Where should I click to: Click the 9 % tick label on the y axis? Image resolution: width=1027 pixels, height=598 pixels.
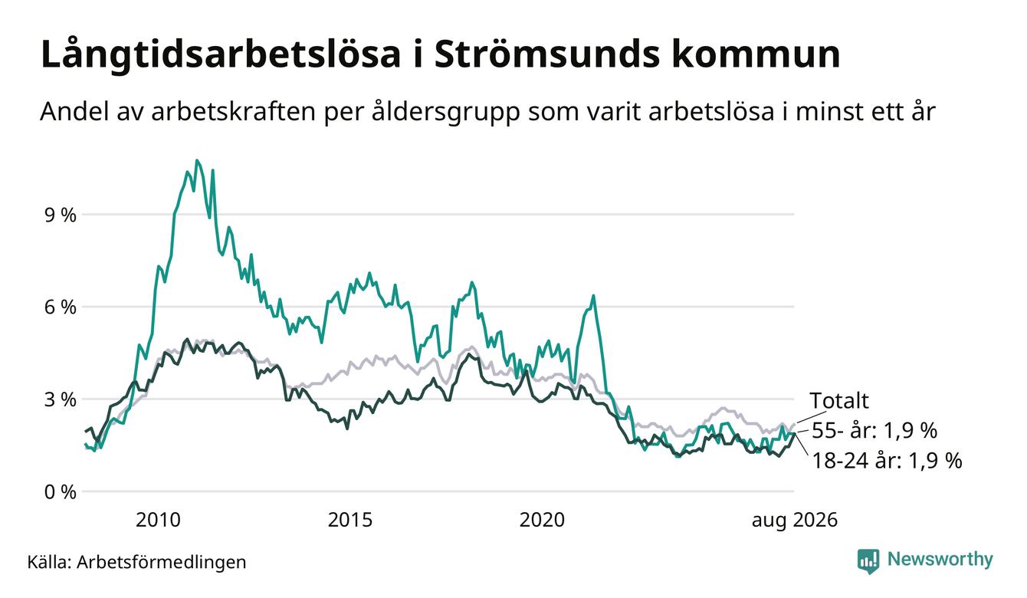60,215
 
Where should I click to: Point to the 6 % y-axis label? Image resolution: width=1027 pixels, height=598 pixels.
60,307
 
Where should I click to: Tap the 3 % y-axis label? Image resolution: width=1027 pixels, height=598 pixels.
60,400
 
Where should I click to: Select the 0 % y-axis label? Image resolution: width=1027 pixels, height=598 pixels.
60,492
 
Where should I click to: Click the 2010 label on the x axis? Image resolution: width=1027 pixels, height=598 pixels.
158,520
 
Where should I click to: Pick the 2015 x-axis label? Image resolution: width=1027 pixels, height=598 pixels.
350,520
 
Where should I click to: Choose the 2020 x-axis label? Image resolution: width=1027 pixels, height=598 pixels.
542,520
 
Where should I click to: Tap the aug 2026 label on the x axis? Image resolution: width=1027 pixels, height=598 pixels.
795,521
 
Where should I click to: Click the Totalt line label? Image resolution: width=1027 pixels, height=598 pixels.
839,401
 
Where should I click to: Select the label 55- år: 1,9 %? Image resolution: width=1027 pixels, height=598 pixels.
874,431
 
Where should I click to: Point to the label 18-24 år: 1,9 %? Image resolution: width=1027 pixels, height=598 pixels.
887,460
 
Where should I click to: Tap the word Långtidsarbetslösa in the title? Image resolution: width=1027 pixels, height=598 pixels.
221,55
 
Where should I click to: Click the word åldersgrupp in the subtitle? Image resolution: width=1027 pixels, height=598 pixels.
445,112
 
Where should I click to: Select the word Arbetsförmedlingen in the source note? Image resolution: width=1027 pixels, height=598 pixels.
162,562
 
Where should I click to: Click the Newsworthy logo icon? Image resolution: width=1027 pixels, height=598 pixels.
868,561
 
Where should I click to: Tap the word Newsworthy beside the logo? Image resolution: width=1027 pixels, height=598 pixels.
940,560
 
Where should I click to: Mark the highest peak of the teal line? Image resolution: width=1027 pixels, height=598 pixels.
197,160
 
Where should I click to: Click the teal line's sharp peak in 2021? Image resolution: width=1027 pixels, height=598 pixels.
593,296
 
